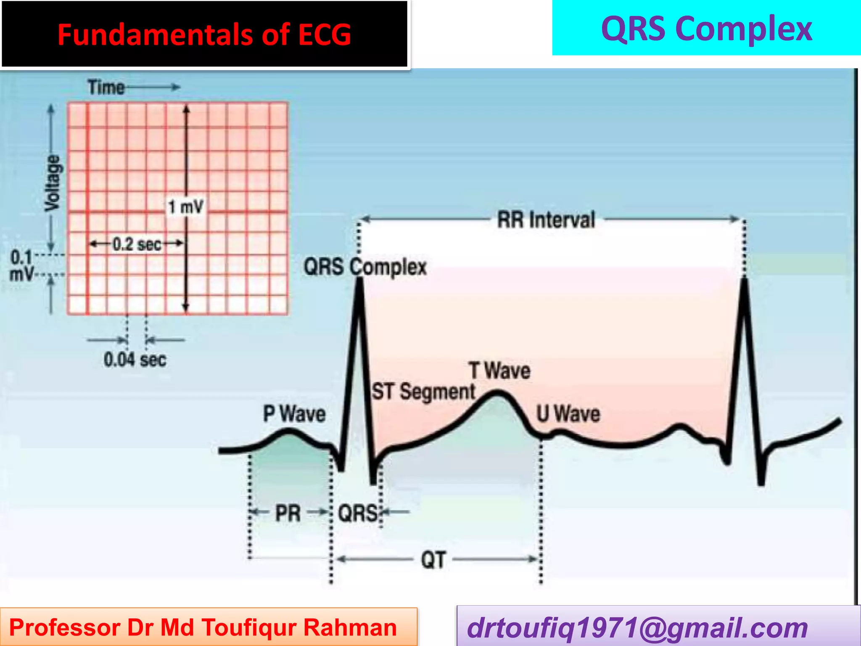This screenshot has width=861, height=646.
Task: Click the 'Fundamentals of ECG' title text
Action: (x=204, y=34)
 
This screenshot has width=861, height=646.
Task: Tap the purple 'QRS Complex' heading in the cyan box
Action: (x=706, y=29)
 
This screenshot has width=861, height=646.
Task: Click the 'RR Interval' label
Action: (x=546, y=220)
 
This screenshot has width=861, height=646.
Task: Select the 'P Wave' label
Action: (x=294, y=413)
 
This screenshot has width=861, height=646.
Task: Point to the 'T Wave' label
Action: (x=500, y=371)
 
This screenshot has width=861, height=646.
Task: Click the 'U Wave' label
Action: (x=568, y=413)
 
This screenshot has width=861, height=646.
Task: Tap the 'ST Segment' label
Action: (x=423, y=392)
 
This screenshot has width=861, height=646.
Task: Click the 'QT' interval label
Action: (x=433, y=560)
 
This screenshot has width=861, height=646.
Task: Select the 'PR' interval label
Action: (x=288, y=513)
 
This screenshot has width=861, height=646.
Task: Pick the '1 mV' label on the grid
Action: (x=186, y=207)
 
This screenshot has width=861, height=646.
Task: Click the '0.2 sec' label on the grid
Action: (x=137, y=244)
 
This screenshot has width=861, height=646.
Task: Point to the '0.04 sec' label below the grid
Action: (x=135, y=360)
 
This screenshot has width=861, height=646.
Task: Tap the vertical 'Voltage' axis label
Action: (x=53, y=183)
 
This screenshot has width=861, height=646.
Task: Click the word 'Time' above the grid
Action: (x=106, y=87)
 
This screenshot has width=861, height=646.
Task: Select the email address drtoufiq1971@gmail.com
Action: (x=637, y=627)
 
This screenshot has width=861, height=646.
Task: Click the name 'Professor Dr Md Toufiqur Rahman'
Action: (x=203, y=627)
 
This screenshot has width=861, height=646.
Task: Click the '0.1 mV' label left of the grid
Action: (x=21, y=265)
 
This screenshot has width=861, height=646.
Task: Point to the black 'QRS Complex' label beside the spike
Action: (x=365, y=267)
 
